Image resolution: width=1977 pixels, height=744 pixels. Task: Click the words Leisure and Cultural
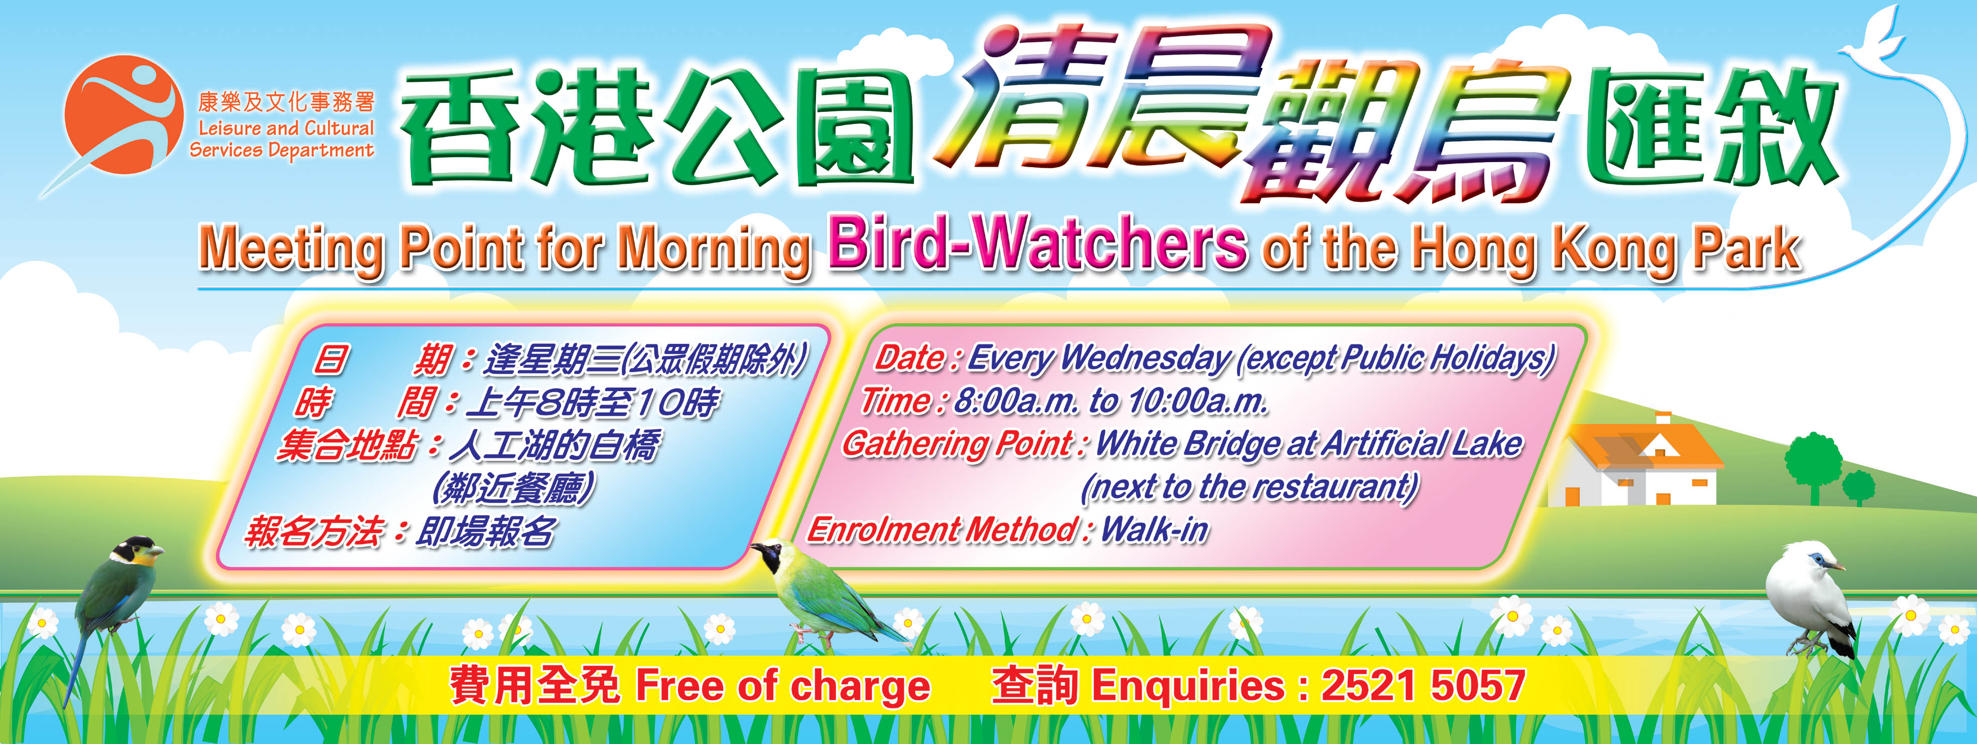coord(286,128)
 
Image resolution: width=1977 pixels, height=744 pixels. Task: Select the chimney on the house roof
coord(1663,418)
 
